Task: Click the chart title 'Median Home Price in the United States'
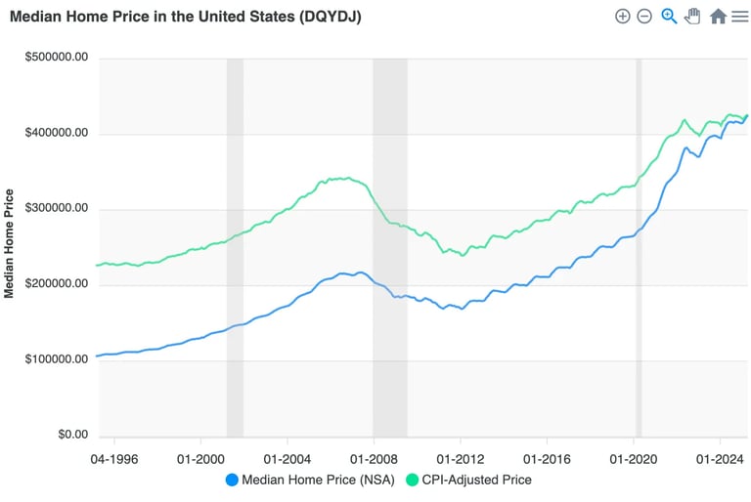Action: (186, 17)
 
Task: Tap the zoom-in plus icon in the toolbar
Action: (622, 17)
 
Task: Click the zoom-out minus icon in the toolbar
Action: (644, 17)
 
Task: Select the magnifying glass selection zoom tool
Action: (669, 17)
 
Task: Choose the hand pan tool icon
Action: (693, 17)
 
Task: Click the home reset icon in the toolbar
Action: (718, 17)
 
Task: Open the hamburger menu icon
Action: (740, 17)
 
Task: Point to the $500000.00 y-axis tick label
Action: (57, 58)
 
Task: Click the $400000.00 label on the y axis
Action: (57, 133)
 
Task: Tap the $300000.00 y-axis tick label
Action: (57, 209)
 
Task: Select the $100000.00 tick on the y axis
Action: (57, 359)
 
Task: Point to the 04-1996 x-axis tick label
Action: (115, 456)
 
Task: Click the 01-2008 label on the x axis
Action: (375, 456)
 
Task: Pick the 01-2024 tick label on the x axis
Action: (719, 456)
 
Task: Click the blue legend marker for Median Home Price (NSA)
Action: (232, 480)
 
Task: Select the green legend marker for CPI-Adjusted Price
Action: (412, 480)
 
